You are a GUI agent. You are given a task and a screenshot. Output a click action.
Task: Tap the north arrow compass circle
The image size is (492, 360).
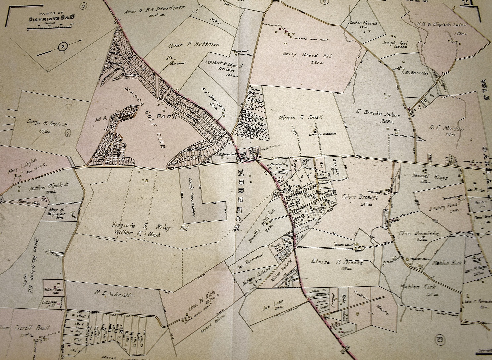pyautogui.click(x=62, y=47)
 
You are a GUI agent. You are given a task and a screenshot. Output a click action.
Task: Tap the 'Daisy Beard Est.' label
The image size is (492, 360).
pyautogui.click(x=304, y=55)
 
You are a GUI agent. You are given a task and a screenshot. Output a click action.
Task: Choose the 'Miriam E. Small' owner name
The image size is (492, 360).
pyautogui.click(x=300, y=117)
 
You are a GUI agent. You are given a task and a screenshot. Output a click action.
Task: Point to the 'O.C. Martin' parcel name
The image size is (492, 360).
pyautogui.click(x=446, y=128)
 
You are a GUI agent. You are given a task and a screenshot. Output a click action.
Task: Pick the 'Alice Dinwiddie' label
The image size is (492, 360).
pyautogui.click(x=419, y=233)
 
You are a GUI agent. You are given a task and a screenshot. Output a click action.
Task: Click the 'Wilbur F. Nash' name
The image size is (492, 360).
pyautogui.click(x=137, y=235)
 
